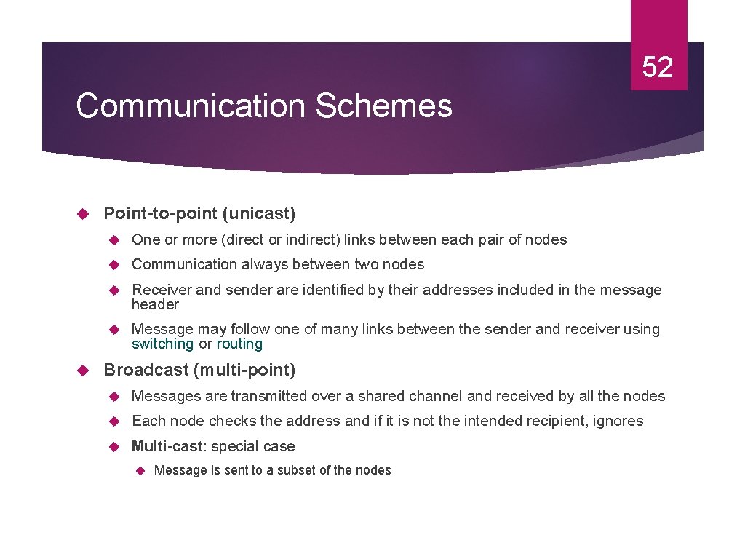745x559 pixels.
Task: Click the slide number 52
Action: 658,68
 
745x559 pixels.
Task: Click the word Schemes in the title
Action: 383,106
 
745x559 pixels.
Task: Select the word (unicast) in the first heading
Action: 259,213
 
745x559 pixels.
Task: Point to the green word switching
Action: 162,344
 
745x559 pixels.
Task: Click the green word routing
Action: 239,344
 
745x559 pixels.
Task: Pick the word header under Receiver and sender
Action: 155,304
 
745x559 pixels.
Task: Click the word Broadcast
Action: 146,370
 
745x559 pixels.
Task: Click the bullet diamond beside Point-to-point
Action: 82,213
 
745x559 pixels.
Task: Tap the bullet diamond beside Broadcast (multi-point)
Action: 82,370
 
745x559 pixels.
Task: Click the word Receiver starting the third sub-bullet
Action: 161,290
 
